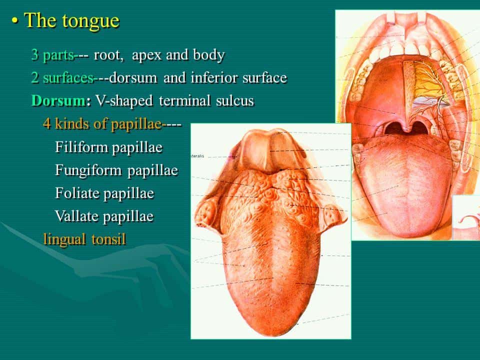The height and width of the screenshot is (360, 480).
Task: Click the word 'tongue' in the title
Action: tap(90, 21)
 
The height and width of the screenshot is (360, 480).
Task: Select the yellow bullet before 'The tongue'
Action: tap(14, 21)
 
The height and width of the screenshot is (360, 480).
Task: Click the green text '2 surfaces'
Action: tap(62, 78)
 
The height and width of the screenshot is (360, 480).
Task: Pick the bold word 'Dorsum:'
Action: tap(61, 100)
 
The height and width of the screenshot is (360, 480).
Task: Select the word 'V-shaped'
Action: tap(124, 101)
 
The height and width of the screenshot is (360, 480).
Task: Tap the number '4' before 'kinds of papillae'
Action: tap(47, 123)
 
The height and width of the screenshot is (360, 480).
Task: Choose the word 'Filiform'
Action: tap(81, 147)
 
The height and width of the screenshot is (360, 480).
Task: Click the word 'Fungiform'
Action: tap(88, 170)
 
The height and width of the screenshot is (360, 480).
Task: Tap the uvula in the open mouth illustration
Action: tap(406, 127)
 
